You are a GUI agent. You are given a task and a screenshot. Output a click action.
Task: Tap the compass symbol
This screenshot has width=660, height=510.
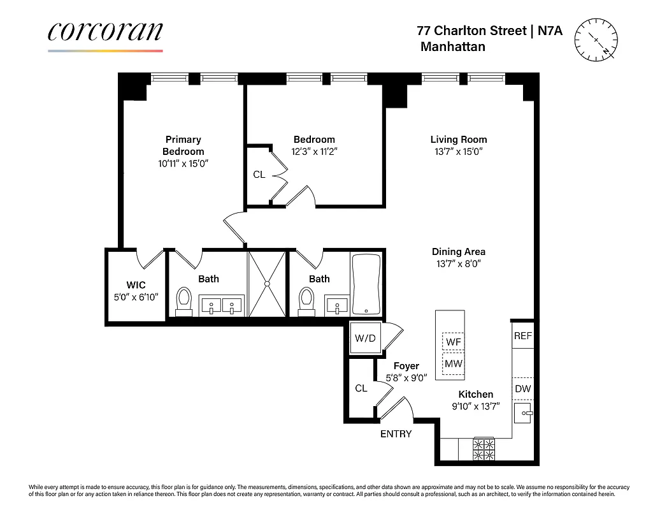(596, 40)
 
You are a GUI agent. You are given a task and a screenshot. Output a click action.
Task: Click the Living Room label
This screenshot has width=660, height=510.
(458, 140)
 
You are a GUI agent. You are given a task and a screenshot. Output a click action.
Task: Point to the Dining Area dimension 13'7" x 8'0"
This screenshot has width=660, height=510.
(458, 263)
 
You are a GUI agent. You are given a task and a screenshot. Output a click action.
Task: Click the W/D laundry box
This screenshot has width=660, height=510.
(365, 339)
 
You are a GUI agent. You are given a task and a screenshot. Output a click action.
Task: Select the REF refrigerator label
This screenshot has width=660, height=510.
(522, 336)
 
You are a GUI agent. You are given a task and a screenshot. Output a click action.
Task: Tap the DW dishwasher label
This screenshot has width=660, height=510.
(522, 388)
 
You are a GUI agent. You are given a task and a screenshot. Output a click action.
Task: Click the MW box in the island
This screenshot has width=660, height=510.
(453, 363)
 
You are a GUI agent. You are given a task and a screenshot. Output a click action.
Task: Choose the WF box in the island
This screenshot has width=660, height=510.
(453, 342)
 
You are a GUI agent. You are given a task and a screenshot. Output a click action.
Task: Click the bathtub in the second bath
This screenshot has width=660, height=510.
(366, 284)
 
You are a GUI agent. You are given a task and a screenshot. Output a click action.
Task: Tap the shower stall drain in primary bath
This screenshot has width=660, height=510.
(268, 283)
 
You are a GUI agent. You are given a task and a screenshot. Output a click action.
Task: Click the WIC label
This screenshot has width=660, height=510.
(136, 284)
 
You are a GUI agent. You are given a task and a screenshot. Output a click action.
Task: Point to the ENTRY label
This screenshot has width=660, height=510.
(396, 434)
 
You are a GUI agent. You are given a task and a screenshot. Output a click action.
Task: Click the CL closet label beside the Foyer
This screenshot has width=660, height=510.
(361, 388)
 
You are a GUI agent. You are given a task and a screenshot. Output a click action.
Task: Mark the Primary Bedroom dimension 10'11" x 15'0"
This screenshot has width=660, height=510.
(183, 163)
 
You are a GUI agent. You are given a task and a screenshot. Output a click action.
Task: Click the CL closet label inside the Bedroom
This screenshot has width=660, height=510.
(259, 174)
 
